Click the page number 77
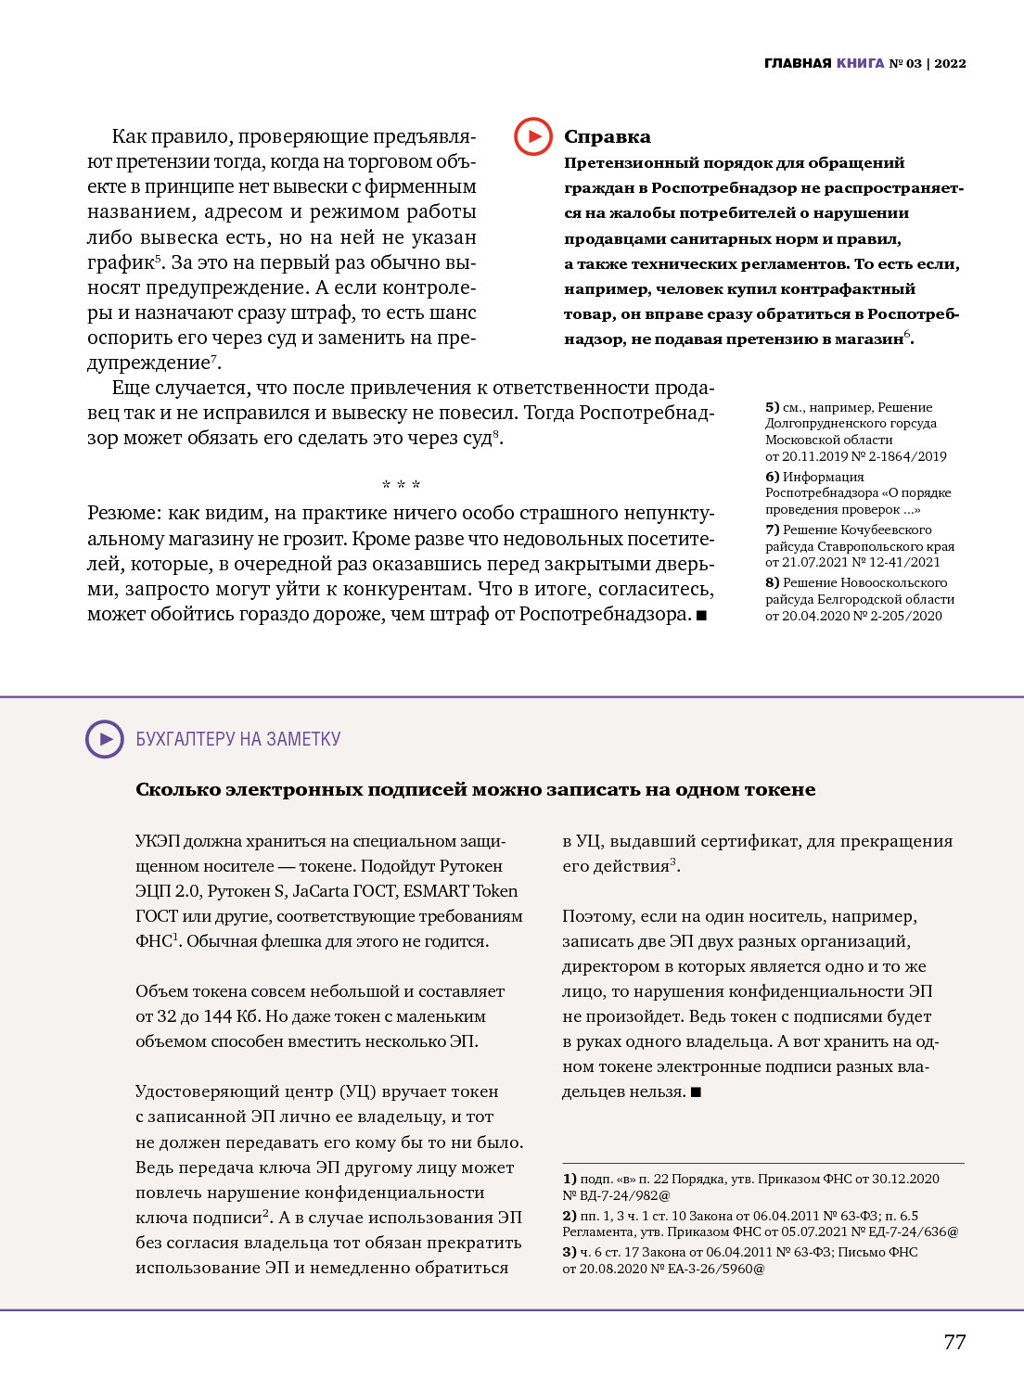pyautogui.click(x=954, y=1342)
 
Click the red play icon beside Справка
pyautogui.click(x=533, y=136)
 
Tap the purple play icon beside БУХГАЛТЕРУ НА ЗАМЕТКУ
pyautogui.click(x=105, y=739)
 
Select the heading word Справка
pyautogui.click(x=608, y=137)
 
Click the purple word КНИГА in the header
pyautogui.click(x=860, y=63)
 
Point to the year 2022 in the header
pyautogui.click(x=950, y=63)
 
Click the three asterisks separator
pyautogui.click(x=401, y=485)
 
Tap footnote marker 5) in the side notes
pyautogui.click(x=773, y=407)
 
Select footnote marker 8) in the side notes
pyautogui.click(x=773, y=582)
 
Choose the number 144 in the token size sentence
pyautogui.click(x=217, y=1016)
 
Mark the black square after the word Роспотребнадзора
pyautogui.click(x=701, y=615)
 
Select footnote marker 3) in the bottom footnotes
pyautogui.click(x=570, y=1252)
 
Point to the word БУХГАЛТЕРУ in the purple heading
pyautogui.click(x=186, y=739)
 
